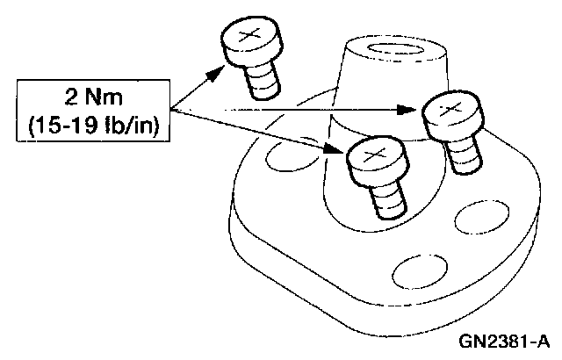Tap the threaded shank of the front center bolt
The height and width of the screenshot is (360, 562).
click(x=385, y=200)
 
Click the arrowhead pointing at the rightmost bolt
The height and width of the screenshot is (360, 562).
click(x=409, y=109)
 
